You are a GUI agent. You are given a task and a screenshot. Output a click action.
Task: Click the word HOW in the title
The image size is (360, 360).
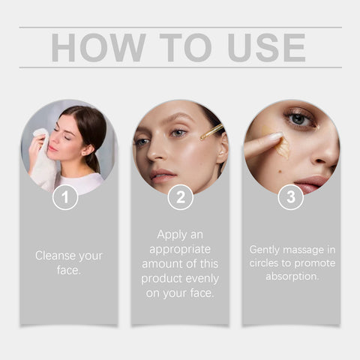point(97,48)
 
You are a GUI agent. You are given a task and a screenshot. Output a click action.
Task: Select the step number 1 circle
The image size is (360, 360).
point(67,197)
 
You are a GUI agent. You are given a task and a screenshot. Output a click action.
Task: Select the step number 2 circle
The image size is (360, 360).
point(180,197)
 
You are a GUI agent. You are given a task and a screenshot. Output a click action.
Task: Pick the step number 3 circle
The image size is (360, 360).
point(291,197)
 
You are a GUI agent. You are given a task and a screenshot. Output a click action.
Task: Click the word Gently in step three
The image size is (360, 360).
point(267,248)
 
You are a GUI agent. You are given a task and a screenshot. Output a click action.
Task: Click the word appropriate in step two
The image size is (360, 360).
point(180,249)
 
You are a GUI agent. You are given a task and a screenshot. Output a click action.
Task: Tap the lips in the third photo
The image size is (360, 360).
point(310,182)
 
